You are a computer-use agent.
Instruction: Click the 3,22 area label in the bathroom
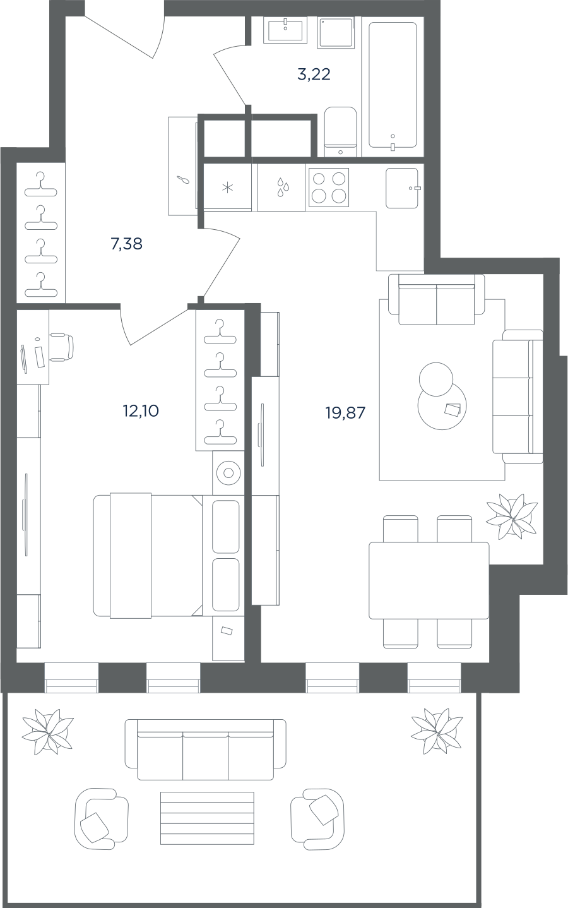(x=314, y=75)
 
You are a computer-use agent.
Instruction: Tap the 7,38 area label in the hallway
(x=126, y=244)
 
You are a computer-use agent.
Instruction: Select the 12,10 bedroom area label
(x=141, y=411)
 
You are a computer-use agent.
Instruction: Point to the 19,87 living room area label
(x=345, y=413)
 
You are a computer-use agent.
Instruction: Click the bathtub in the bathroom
(x=393, y=85)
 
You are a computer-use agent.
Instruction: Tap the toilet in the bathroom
(x=340, y=131)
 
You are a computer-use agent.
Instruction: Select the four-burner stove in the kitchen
(x=329, y=188)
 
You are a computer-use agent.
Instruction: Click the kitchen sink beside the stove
(x=402, y=188)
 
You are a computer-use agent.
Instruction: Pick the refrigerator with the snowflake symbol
(x=228, y=187)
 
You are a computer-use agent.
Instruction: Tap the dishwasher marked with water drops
(x=281, y=187)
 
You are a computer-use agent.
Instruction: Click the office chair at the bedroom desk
(x=62, y=347)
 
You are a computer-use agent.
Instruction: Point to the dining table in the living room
(x=429, y=580)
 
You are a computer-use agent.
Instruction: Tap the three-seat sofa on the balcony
(x=205, y=750)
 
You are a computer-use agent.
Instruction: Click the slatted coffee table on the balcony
(x=207, y=818)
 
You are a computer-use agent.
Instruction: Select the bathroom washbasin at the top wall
(x=285, y=30)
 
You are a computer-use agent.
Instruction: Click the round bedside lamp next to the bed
(x=228, y=473)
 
